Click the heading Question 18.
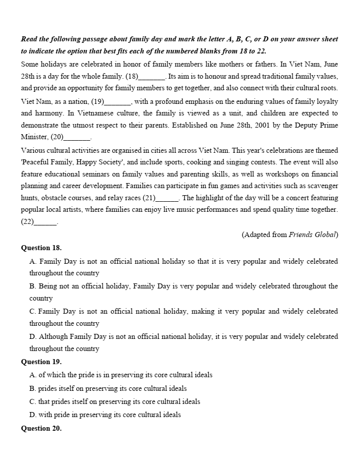tap(41, 248)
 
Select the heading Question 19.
tap(41, 362)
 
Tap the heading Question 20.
tap(41, 428)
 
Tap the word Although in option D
tap(53, 336)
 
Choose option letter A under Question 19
tap(33, 375)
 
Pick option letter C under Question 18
tap(33, 311)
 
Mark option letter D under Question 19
tap(33, 415)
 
